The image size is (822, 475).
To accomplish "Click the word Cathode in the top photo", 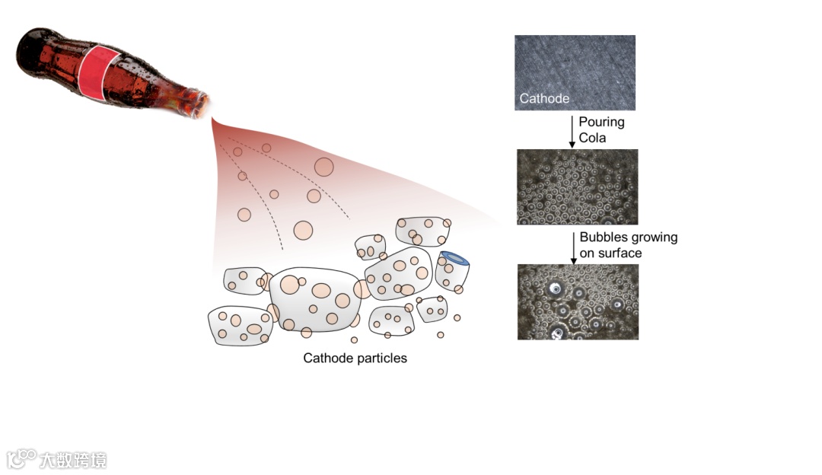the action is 544,98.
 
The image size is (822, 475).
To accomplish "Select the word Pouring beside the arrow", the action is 601,122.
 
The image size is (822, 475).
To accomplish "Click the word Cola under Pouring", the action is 593,138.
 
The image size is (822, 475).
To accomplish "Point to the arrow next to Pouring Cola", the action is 572,130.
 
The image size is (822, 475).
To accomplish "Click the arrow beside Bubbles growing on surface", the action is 573,247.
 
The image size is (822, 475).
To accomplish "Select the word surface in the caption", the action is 620,253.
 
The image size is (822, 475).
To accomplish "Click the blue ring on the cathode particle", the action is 455,260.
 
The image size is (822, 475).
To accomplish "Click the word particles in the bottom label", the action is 382,358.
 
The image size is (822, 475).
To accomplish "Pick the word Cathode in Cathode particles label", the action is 327,358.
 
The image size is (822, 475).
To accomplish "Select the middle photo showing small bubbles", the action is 577,186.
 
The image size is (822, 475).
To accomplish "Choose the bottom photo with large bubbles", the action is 578,301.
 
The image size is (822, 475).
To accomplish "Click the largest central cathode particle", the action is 315,299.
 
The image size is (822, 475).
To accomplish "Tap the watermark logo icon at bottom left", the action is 21,458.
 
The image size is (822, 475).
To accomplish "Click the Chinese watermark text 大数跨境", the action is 73,460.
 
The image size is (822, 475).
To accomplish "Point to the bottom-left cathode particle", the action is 239,325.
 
